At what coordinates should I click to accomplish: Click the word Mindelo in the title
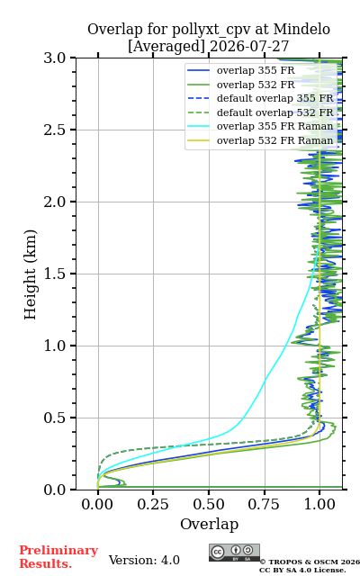301,29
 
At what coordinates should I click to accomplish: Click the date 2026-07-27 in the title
249,46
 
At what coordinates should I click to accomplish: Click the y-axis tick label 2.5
55,130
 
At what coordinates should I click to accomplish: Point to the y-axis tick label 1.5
55,274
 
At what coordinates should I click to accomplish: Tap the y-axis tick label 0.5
55,418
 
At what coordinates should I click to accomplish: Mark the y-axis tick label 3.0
55,58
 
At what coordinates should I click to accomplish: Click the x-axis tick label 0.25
153,504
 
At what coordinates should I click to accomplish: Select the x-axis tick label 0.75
264,504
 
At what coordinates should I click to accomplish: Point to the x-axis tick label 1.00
319,504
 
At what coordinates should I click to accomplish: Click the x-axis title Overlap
209,524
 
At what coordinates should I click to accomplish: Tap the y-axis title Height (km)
31,274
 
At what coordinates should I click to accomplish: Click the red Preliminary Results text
58,557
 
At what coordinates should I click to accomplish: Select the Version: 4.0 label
144,560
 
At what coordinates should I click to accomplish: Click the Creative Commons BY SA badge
234,553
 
